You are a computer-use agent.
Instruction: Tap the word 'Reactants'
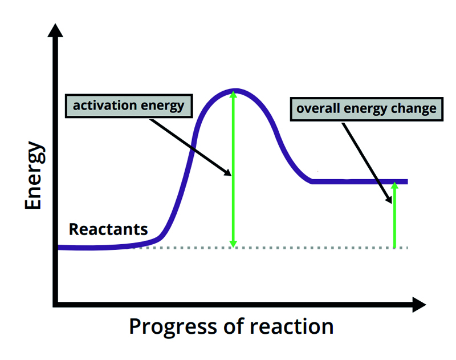coord(108,229)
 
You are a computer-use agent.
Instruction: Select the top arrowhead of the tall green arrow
coord(233,95)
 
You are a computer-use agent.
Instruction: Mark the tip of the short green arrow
coord(394,185)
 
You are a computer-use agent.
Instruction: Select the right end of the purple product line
coord(406,181)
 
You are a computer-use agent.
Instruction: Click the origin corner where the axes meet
coord(55,305)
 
